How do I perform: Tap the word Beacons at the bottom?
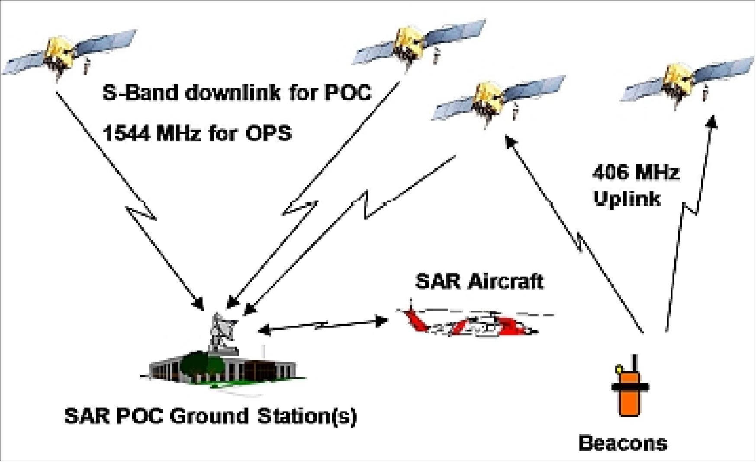pos(623,443)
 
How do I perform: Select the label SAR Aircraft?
pos(479,281)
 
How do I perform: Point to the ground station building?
pos(225,367)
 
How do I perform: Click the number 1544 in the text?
pos(127,134)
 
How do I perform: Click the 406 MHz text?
pos(635,173)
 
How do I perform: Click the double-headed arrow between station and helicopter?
pos(322,326)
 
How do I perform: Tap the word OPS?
pos(268,134)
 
